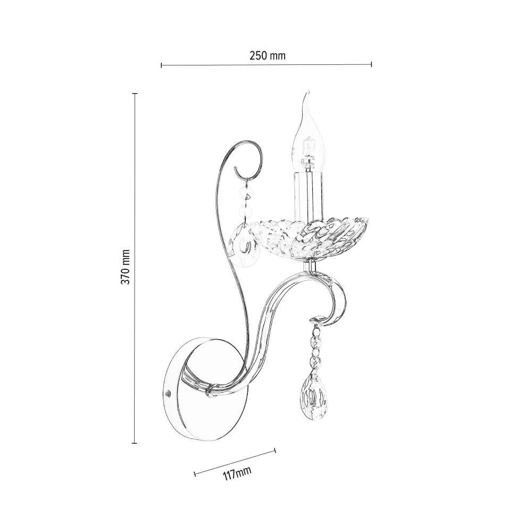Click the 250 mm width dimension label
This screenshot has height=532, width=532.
coord(268,55)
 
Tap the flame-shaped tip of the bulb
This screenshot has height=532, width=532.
coord(307,93)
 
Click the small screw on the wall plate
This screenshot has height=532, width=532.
coord(168,394)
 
